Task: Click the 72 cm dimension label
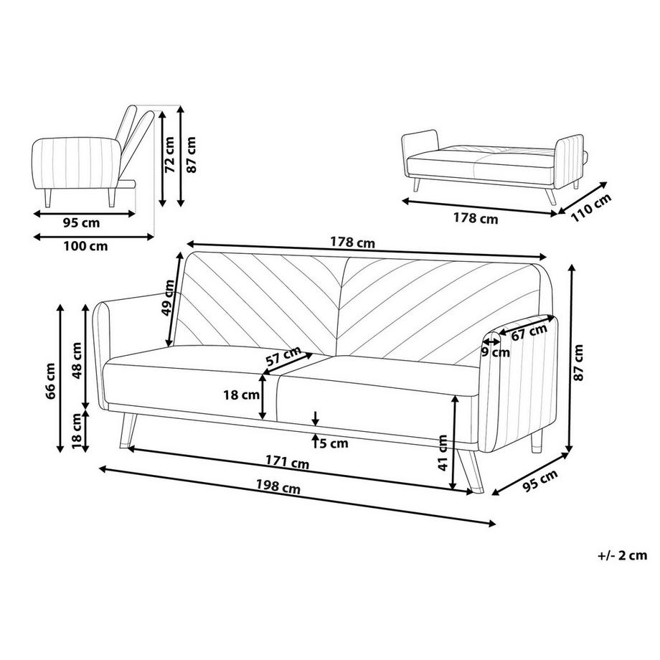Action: pyautogui.click(x=169, y=154)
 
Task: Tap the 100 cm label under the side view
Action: pyautogui.click(x=85, y=245)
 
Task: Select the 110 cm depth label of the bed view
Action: pyautogui.click(x=591, y=208)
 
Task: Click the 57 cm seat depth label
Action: pyautogui.click(x=283, y=356)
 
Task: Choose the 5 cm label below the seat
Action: pyautogui.click(x=334, y=443)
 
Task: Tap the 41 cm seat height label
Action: pyautogui.click(x=443, y=453)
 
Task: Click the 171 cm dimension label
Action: pyautogui.click(x=287, y=462)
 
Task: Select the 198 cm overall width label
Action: pyautogui.click(x=278, y=487)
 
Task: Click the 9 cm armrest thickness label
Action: pyautogui.click(x=496, y=352)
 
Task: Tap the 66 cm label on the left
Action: pyautogui.click(x=50, y=380)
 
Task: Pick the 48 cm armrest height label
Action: pyautogui.click(x=77, y=361)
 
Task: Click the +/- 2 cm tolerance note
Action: pyautogui.click(x=622, y=555)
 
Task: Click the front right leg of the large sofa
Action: pyautogui.click(x=470, y=471)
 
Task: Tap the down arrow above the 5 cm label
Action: pyautogui.click(x=316, y=418)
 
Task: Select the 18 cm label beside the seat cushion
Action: pyautogui.click(x=241, y=395)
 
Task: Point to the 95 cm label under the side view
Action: pyautogui.click(x=82, y=222)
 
